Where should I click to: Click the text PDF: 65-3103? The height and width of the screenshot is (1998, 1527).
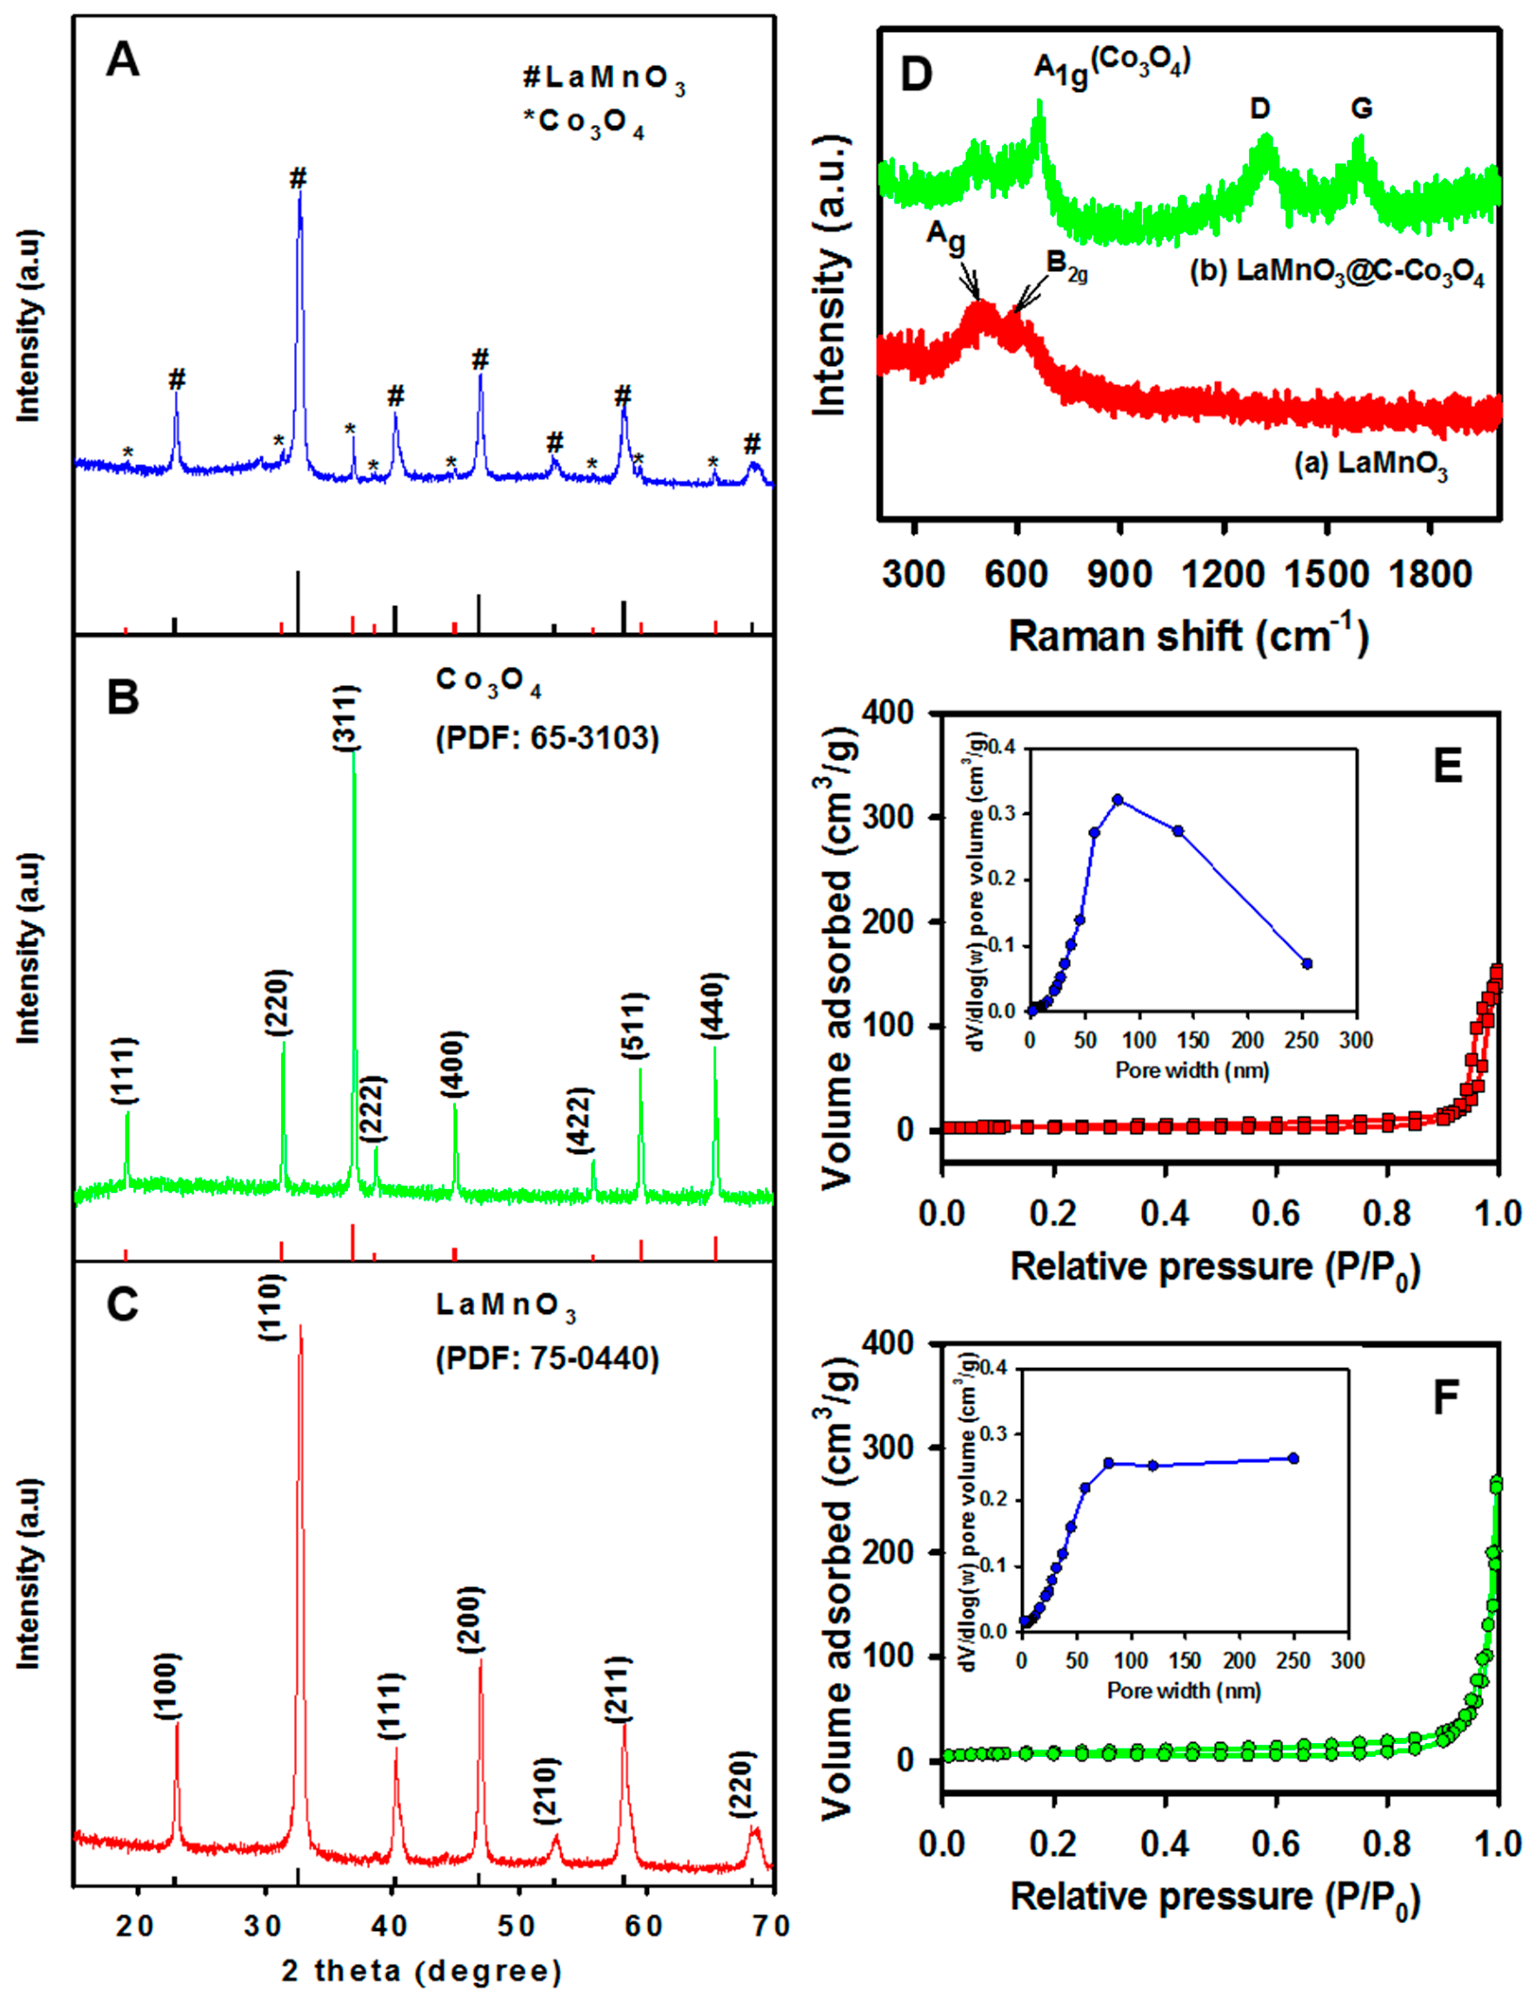[x=547, y=737]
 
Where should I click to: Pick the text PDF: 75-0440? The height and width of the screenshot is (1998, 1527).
[x=547, y=1358]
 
